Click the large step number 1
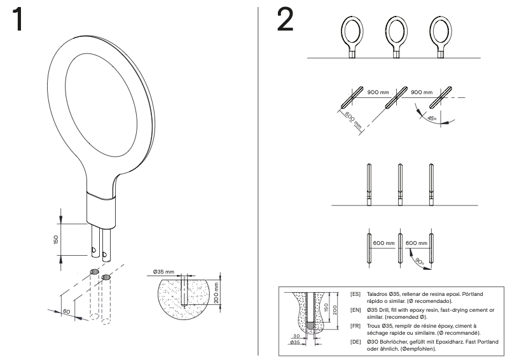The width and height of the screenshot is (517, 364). coord(20,21)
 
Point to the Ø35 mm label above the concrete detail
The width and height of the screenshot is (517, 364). coord(164,270)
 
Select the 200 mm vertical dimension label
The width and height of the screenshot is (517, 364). coord(216,292)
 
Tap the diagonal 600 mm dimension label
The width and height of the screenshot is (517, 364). coord(350,119)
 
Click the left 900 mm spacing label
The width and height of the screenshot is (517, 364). coord(378,92)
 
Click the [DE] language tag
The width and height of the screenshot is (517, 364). coord(355,342)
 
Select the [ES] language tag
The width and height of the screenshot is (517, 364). coord(355,295)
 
